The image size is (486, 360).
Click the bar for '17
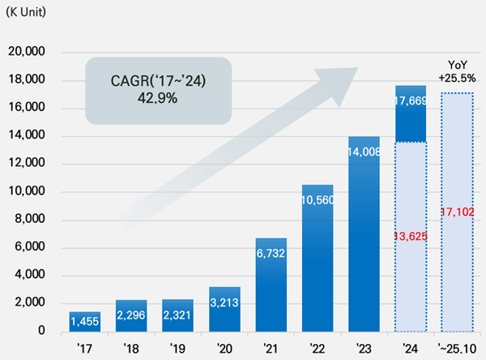click(x=85, y=321)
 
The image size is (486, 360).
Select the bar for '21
click(x=271, y=285)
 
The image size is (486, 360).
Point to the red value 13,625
click(x=411, y=236)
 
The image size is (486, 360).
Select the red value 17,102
click(x=457, y=212)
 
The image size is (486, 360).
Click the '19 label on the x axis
click(x=178, y=346)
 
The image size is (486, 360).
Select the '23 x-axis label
click(x=364, y=346)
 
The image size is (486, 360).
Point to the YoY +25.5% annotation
click(x=457, y=71)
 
